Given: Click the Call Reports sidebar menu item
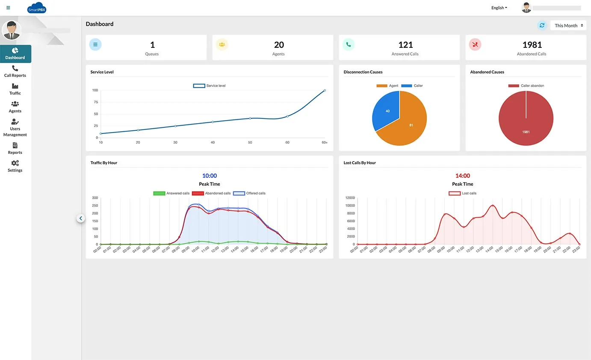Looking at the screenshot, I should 15,71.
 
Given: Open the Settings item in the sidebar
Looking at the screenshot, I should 15,166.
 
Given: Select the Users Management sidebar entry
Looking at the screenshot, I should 15,128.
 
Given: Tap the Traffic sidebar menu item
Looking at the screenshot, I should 15,89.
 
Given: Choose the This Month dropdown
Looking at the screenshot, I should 568,26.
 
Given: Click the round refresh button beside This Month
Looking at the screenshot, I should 542,26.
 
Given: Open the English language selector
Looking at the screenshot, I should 499,8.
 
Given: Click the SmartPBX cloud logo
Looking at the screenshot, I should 36,8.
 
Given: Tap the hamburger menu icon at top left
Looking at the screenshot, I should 8,8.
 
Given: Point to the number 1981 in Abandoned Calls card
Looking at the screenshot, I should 532,45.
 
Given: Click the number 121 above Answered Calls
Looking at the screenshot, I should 405,45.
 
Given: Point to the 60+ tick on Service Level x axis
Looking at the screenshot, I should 325,142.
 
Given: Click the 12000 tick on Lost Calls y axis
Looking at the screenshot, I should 349,198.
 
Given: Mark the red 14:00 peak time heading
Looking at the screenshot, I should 462,176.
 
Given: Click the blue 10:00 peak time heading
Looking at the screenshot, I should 210,176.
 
